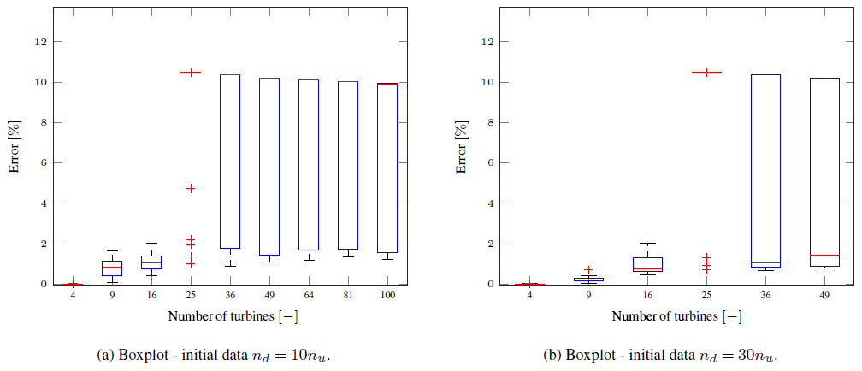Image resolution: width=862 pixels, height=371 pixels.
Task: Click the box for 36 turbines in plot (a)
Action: pyautogui.click(x=230, y=162)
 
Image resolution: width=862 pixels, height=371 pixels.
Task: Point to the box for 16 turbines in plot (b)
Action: pyautogui.click(x=648, y=264)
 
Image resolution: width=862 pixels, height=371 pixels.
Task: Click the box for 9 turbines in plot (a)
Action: pyautogui.click(x=112, y=268)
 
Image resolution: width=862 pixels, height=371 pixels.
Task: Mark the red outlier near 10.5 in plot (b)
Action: pyautogui.click(x=706, y=73)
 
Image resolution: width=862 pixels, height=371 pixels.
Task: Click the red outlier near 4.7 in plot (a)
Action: pyautogui.click(x=191, y=188)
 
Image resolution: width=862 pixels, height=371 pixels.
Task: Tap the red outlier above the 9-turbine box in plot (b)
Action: pyautogui.click(x=589, y=270)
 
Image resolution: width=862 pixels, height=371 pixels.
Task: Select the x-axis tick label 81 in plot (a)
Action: pyautogui.click(x=348, y=296)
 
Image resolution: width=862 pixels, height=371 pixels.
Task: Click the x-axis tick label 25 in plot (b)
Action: pyautogui.click(x=706, y=296)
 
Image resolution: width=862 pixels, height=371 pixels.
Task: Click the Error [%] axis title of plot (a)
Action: pyautogui.click(x=15, y=149)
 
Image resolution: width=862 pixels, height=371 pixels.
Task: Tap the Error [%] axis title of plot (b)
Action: pyautogui.click(x=462, y=149)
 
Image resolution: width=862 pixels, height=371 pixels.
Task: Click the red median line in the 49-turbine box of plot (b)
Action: pyautogui.click(x=824, y=255)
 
